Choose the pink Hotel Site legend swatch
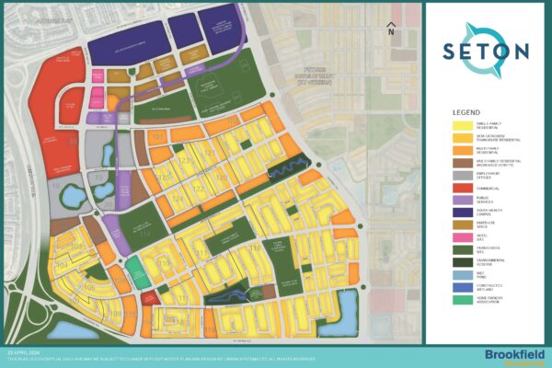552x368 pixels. click(x=458, y=260)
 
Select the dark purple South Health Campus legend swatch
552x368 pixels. click(x=458, y=235)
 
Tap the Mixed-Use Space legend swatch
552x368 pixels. click(x=458, y=247)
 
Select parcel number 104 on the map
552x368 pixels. click(x=61, y=264)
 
